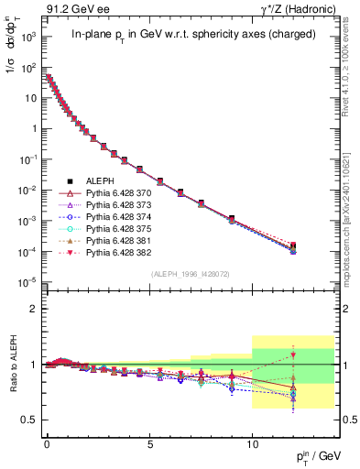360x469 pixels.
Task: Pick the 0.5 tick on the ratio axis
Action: pos(31,420)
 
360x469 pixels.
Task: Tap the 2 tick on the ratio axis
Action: pos(35,309)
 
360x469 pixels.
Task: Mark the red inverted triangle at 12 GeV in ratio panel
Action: pos(293,355)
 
